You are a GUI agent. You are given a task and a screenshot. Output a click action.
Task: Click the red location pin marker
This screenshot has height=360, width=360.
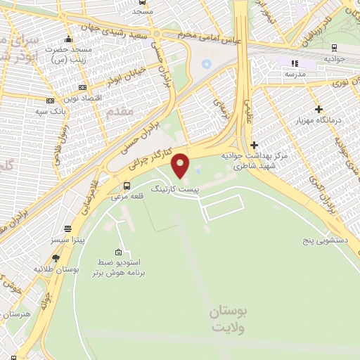181,165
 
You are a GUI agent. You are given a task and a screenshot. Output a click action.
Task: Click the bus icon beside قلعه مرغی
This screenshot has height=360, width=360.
127,186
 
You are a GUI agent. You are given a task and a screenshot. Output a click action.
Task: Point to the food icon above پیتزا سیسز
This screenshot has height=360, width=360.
68,229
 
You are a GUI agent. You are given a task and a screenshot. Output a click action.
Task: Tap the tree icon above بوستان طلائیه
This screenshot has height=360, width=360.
56,258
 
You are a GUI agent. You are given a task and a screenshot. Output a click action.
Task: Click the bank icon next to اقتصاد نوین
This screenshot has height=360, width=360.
83,86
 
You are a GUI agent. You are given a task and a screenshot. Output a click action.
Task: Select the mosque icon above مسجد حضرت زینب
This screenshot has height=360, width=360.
67,39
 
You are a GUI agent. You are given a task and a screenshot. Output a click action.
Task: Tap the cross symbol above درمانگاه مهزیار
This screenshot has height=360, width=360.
319,109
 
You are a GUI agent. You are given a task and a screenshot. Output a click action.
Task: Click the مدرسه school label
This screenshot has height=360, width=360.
295,74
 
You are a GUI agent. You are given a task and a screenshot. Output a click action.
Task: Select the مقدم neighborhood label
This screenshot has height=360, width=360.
121,110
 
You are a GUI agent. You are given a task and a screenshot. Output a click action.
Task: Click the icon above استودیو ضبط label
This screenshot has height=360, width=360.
117,252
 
